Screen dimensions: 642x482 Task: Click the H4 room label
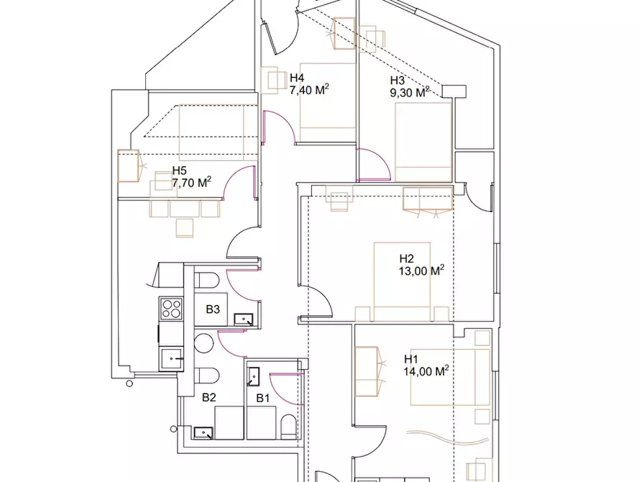click(x=297, y=78)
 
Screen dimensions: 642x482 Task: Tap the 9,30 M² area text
click(x=410, y=92)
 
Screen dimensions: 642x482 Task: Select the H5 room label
click(x=179, y=170)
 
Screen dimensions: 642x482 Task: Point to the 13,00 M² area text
click(x=421, y=270)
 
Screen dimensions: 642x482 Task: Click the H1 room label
click(x=411, y=360)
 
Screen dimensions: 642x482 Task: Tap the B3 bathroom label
click(x=213, y=309)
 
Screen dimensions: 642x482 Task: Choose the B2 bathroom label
click(x=208, y=397)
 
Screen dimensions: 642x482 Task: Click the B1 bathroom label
click(x=263, y=398)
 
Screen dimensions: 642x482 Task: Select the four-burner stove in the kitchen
click(x=171, y=309)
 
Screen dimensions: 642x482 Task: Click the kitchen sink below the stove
click(x=171, y=359)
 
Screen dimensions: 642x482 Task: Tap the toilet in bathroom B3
click(x=207, y=281)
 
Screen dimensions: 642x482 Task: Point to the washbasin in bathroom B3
click(x=244, y=319)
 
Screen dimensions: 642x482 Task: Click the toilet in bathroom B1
click(x=288, y=427)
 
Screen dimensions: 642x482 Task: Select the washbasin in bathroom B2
click(x=203, y=433)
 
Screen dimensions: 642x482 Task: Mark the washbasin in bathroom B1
click(x=253, y=377)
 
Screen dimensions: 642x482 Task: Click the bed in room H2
click(x=402, y=281)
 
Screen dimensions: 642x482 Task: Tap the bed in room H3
click(x=423, y=142)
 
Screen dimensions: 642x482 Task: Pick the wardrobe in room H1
click(x=367, y=372)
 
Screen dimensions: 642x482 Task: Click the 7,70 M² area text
click(x=192, y=182)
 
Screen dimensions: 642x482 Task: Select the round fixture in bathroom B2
click(x=203, y=343)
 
